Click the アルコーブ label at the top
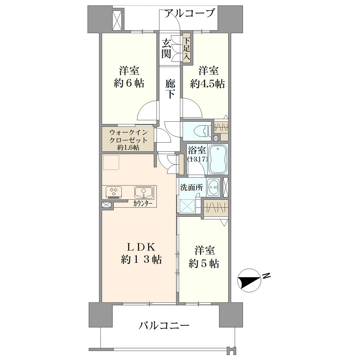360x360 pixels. click(x=190, y=13)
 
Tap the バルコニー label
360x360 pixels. click(x=164, y=325)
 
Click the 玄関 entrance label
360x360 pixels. click(x=166, y=49)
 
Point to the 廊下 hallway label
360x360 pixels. click(x=170, y=89)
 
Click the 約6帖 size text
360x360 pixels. click(x=129, y=83)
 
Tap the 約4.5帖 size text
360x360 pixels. click(x=208, y=84)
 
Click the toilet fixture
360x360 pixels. click(x=202, y=131)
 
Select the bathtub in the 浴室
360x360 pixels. click(x=218, y=160)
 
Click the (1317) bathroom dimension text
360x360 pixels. click(x=197, y=159)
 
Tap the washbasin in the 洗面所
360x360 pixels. click(x=213, y=187)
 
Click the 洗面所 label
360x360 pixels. click(x=192, y=188)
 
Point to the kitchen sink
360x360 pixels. click(x=144, y=192)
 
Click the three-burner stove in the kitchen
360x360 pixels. click(x=114, y=192)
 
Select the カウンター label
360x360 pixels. click(x=142, y=203)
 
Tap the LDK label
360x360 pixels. click(x=141, y=247)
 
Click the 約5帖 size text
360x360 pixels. click(x=204, y=264)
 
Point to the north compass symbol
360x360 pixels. click(x=249, y=280)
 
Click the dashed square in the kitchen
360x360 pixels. click(x=111, y=163)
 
